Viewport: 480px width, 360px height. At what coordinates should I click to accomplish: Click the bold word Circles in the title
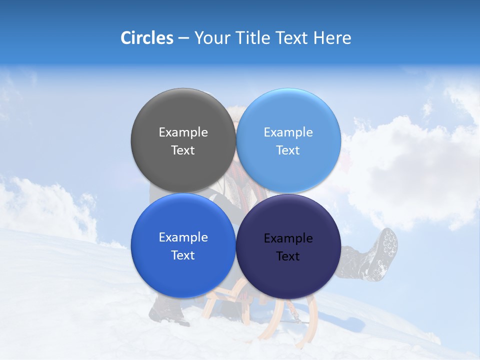pos(147,38)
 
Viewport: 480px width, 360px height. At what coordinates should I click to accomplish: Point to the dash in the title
pos(183,38)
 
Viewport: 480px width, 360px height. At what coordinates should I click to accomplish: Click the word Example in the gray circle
pos(183,132)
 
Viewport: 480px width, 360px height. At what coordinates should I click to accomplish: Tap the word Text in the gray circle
pos(183,150)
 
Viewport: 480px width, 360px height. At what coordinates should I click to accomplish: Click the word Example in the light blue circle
pos(288,132)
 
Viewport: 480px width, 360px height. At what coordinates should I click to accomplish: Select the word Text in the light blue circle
pos(288,150)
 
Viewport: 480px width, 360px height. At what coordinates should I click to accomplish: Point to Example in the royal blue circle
pos(183,237)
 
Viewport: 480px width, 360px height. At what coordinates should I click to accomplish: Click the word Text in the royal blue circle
pos(183,255)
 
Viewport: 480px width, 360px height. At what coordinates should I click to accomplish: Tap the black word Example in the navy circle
pos(288,238)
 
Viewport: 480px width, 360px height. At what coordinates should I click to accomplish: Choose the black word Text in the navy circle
pos(288,256)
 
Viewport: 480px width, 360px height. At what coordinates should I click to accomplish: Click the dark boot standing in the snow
pos(167,312)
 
